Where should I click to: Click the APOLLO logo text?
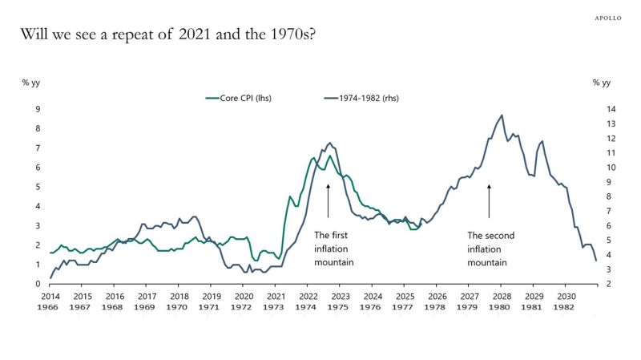coord(608,17)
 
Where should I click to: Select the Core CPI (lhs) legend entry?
coord(239,99)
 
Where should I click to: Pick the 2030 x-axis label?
coord(566,296)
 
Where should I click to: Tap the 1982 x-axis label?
coord(566,307)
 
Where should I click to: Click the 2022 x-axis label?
coord(307,296)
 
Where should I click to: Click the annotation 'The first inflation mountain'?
coord(333,249)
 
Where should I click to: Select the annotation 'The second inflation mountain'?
coord(490,249)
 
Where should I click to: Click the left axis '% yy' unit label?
coord(30,82)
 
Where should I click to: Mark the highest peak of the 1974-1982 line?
coord(502,115)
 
